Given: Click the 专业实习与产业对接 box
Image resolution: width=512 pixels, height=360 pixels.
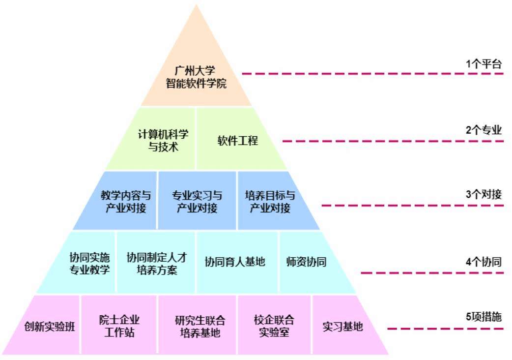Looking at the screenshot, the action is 197,201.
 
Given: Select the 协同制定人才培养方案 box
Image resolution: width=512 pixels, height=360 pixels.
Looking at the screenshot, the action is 156,263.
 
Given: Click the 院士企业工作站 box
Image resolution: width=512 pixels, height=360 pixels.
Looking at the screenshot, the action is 119,326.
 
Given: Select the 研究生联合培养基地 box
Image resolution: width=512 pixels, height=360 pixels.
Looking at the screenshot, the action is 197,326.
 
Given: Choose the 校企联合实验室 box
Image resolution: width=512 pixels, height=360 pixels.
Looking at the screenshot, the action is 274,326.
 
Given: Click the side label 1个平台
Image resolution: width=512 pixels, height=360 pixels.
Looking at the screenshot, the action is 484,64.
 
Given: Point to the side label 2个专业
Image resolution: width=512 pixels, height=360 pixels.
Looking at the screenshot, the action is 484,130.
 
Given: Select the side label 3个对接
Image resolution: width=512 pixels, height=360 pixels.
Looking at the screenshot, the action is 484,194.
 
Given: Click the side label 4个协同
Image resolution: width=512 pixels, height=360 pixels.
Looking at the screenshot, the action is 484,262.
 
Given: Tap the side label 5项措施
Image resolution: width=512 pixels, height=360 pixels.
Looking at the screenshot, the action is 484,317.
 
